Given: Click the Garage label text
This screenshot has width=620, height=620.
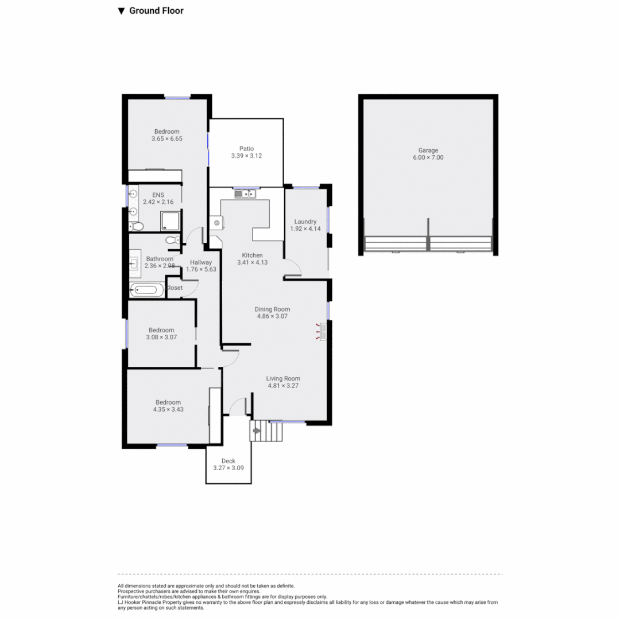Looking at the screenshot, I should tap(428, 150).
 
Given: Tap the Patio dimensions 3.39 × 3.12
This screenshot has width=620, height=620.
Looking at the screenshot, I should tap(246, 156).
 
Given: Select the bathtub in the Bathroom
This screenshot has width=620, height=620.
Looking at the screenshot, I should tap(146, 290).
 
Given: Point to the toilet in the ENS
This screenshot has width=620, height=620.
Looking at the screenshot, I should tap(135, 226).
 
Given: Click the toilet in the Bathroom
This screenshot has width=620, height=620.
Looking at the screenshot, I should tap(172, 240).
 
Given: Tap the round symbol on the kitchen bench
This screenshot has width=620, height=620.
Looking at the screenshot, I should tap(218, 223).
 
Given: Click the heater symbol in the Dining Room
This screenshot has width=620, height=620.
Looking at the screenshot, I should tap(322, 332).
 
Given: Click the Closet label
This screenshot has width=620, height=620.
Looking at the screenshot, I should tap(174, 288).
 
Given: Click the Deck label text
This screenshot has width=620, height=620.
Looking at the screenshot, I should tap(228, 460).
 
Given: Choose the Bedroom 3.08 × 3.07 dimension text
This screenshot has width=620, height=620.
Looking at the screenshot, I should tap(161, 337).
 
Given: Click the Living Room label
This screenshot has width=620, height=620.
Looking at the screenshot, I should tap(283, 378).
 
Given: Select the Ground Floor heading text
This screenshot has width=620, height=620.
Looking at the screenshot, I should tap(156, 11).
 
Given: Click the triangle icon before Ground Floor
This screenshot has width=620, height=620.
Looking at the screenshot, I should tap(121, 11).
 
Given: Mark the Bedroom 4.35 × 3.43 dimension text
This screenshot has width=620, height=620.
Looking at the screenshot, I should tap(166, 409).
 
